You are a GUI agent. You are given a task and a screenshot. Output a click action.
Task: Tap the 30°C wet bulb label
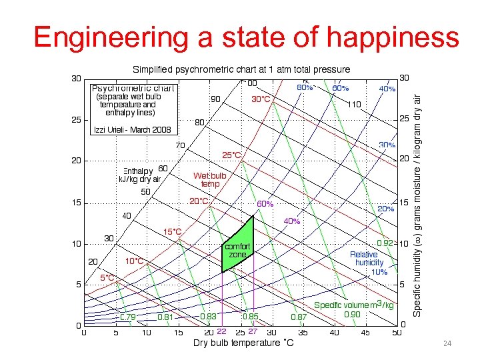(x=261, y=99)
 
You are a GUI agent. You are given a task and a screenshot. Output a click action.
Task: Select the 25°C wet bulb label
(x=232, y=155)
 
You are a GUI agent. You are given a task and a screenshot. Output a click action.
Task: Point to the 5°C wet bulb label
(x=108, y=277)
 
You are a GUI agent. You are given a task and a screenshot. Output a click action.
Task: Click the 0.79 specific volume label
(x=128, y=316)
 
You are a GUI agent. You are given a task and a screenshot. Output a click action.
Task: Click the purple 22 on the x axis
(x=223, y=331)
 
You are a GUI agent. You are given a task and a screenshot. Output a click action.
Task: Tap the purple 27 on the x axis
(x=253, y=331)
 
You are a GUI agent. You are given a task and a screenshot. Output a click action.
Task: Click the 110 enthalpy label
(x=353, y=105)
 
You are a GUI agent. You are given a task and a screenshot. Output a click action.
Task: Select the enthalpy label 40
(x=126, y=215)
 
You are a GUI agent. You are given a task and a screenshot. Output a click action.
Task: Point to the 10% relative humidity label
(x=379, y=272)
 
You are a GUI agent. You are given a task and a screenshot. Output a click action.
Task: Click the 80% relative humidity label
(x=305, y=87)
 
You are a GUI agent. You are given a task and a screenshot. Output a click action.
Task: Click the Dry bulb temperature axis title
(x=243, y=343)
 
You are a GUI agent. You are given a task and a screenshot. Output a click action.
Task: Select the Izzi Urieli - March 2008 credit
(x=133, y=129)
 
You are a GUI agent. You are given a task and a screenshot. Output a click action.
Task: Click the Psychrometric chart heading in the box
(x=133, y=88)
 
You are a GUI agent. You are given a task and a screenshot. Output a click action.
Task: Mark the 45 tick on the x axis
(x=365, y=332)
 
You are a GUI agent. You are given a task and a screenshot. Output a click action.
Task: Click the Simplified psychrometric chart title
(x=241, y=69)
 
